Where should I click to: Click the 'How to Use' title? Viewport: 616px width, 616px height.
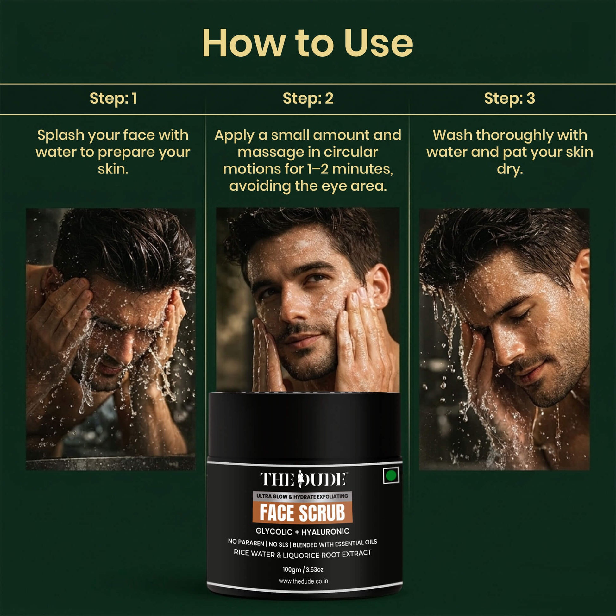coord(308,43)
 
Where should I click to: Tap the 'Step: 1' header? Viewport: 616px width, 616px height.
coord(113,98)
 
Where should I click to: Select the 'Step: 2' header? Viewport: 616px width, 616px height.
coord(308,98)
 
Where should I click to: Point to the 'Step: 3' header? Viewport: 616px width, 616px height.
coord(510,98)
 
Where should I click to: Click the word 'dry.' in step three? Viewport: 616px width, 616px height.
coord(510,169)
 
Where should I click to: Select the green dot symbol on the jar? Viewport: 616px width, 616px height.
coord(391,476)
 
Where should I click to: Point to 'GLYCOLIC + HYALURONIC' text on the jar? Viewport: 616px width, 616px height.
coord(302,531)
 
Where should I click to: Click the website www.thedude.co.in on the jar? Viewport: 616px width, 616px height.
coord(303,581)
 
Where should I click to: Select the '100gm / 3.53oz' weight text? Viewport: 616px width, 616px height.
coord(303,569)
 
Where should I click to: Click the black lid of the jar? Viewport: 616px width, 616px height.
coord(304,426)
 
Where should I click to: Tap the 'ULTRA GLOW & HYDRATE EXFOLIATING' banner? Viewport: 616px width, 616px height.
coord(302,496)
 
